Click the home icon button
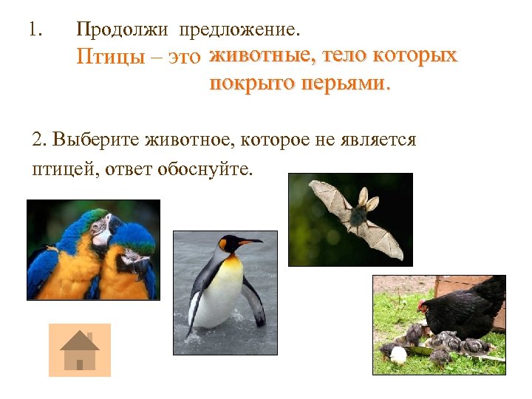pos(79,350)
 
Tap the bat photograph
pos(350,219)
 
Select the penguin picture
pos(225,293)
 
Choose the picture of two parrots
pos(93,250)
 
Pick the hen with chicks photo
pos(439,322)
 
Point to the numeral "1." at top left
pos(35,30)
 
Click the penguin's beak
pos(251,242)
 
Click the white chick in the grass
pos(399,355)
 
